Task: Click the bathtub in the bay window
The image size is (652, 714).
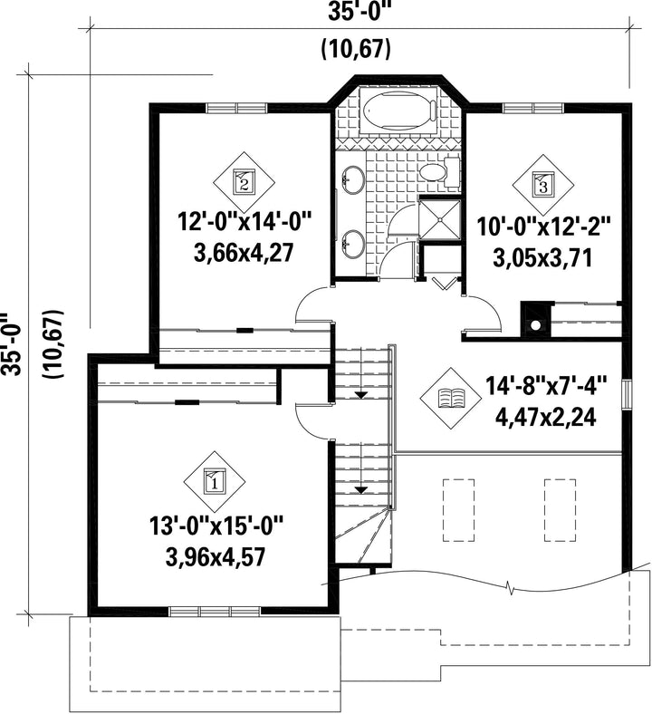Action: pos(400,111)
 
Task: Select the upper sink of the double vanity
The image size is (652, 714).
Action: pos(352,179)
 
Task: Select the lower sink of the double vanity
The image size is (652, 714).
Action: pos(352,244)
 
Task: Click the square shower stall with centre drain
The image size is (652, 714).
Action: pos(440,218)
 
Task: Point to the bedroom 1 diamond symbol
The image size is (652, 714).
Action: pos(215,481)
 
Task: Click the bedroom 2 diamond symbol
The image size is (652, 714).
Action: pos(244,182)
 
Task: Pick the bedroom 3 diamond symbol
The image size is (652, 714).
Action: pos(543,185)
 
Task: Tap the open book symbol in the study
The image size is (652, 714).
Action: pos(450,398)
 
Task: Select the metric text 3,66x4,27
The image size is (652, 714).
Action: pos(243,253)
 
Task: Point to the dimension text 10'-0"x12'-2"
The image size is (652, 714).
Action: pos(543,227)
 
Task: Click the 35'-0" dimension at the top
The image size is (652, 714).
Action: pos(360,13)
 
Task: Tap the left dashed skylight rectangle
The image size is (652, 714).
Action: pos(458,510)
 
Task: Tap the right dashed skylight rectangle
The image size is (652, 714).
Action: pos(561,510)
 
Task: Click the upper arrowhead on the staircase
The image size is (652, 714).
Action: pos(361,395)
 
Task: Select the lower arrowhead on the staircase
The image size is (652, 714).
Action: pos(361,490)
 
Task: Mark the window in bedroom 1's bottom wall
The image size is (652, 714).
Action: pos(215,612)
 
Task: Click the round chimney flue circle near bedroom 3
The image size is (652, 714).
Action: pos(535,325)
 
